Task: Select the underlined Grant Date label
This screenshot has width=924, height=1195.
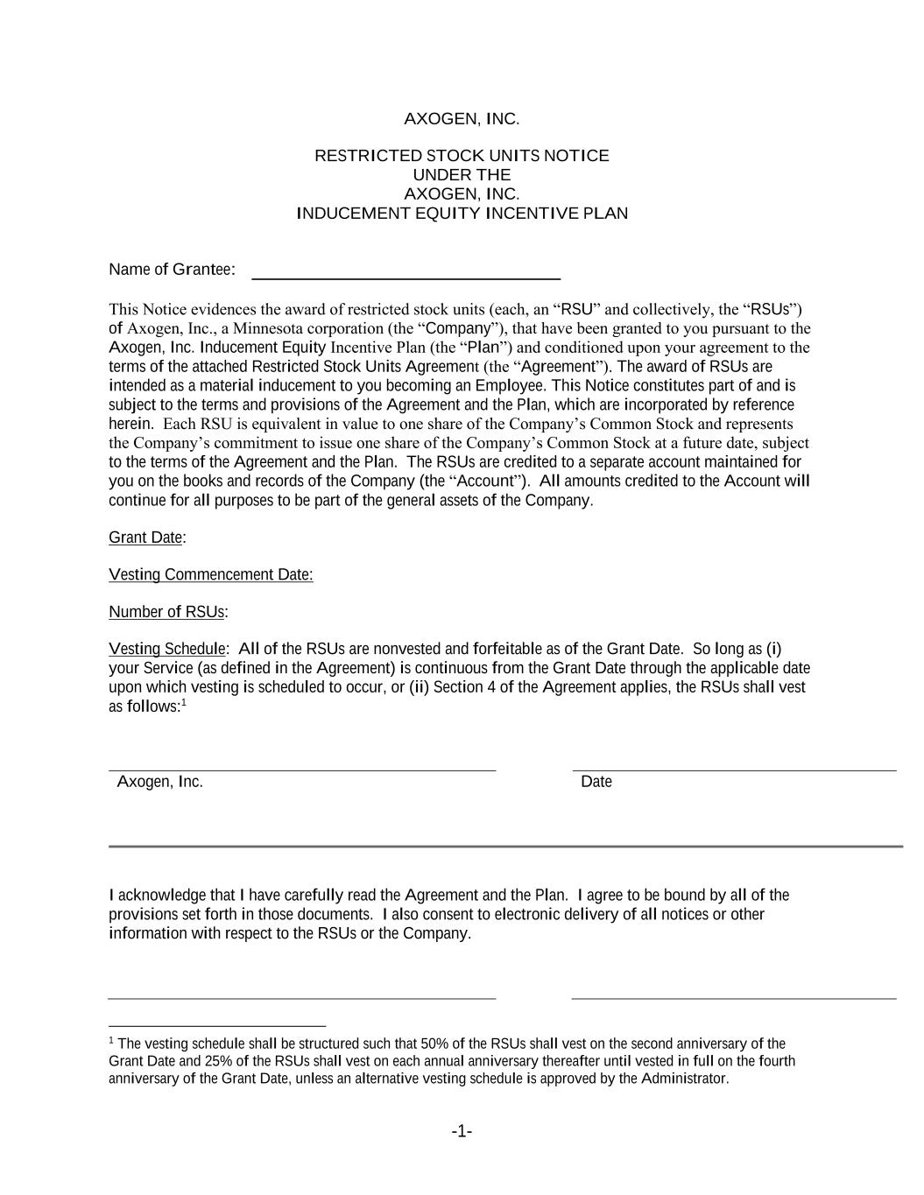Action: coord(145,538)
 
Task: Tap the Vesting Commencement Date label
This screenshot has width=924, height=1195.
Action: coord(210,574)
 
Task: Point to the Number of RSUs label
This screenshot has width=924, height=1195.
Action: coord(166,612)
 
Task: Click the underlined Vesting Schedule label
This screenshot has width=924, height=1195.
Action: coord(166,649)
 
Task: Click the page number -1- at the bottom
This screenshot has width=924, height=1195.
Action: coord(462,1132)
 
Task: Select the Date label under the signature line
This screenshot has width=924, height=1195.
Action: coord(596,782)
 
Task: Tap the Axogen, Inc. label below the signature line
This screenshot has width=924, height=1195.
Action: coord(160,782)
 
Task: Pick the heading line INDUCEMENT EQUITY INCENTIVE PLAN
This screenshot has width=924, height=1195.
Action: coord(462,214)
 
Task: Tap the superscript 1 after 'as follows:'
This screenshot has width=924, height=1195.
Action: coord(184,702)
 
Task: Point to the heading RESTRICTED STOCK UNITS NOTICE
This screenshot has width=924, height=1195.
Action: coord(462,156)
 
